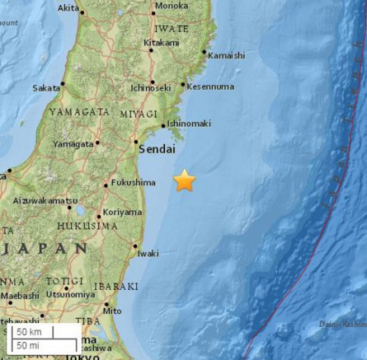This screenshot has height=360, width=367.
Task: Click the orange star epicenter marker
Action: coord(185,180)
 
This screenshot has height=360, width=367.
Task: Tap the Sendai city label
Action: coord(156,150)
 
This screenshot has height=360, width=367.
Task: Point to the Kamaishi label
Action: coord(226,55)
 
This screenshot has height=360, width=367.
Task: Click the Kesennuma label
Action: coord(211,86)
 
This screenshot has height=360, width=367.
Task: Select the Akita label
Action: coord(68,9)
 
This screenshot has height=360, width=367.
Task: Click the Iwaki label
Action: coord(148,252)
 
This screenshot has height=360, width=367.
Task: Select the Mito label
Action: coord(113,311)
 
